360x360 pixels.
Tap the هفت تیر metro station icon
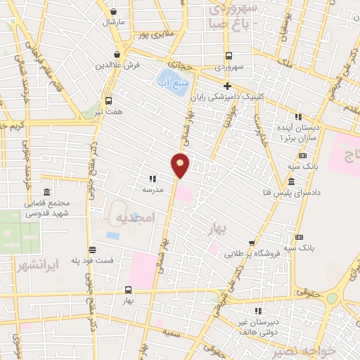[108, 101]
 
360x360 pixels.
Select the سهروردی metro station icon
[229, 56]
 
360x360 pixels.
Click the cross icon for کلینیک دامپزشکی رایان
[227, 86]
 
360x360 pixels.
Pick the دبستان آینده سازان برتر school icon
[298, 117]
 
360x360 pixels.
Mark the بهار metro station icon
[128, 289]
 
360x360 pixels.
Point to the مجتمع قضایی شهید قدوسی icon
[46, 193]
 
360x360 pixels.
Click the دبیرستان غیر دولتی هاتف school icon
[259, 310]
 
